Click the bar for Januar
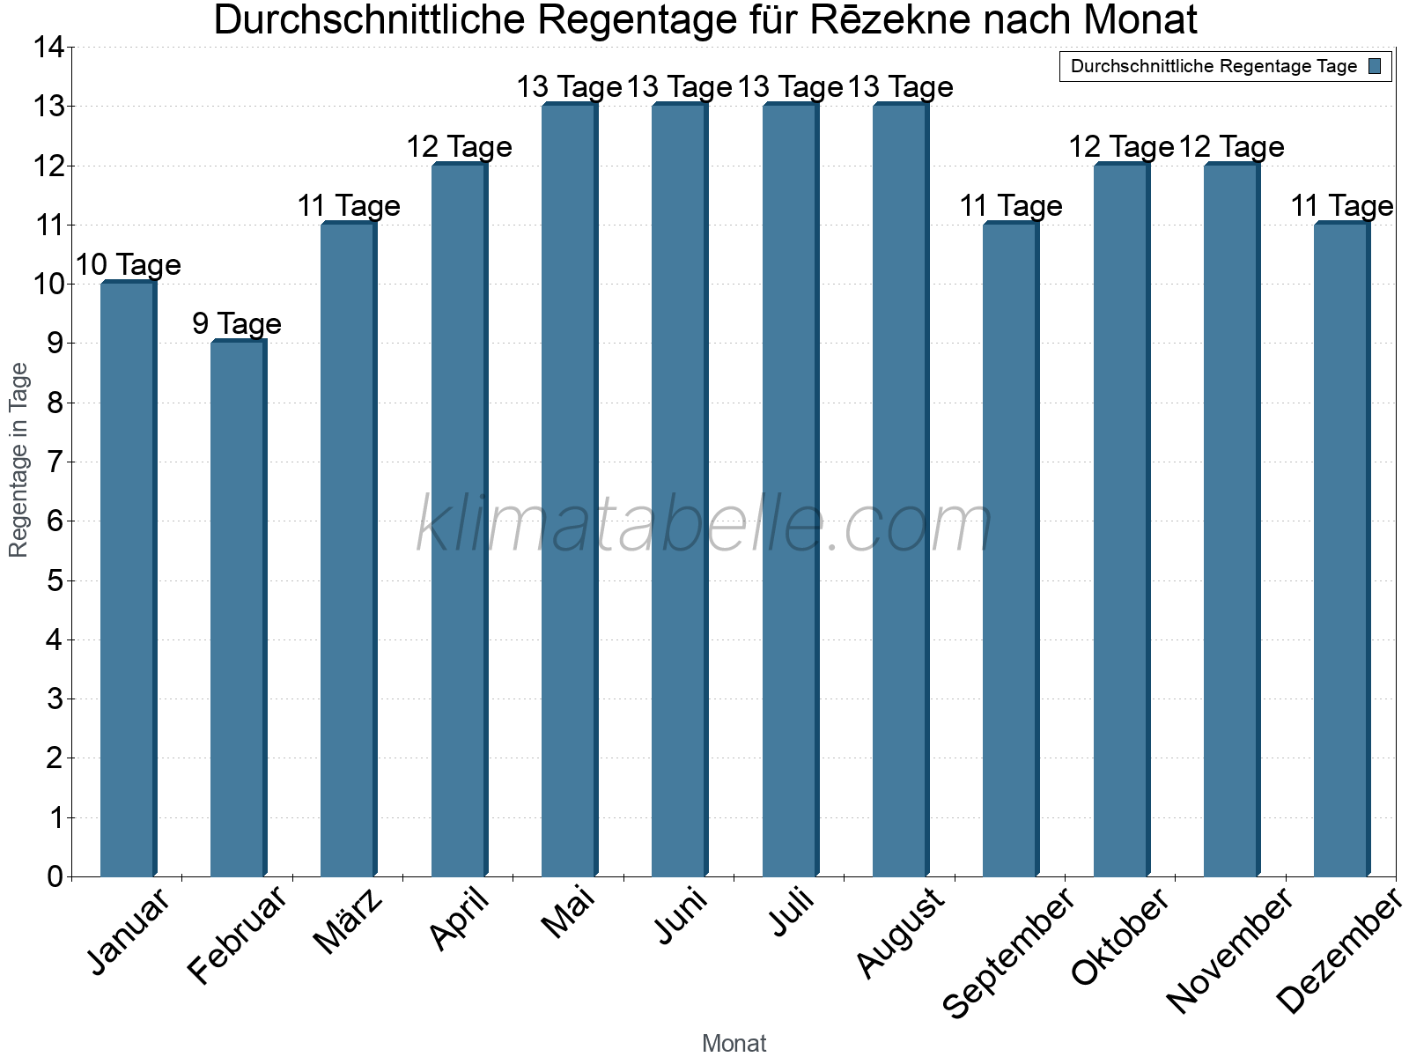tap(128, 579)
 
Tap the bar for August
tap(900, 490)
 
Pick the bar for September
tap(1010, 550)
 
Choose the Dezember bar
tap(1341, 550)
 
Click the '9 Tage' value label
tap(237, 324)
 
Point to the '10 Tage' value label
tap(128, 264)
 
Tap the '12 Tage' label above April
tap(459, 146)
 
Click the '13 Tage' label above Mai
tap(569, 87)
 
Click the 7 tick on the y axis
tap(55, 462)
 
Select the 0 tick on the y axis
tap(55, 876)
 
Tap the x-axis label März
tap(348, 922)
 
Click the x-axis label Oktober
tap(1119, 937)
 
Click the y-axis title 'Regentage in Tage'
tap(19, 460)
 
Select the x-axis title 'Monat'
tap(734, 1043)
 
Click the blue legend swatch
tap(1375, 66)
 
